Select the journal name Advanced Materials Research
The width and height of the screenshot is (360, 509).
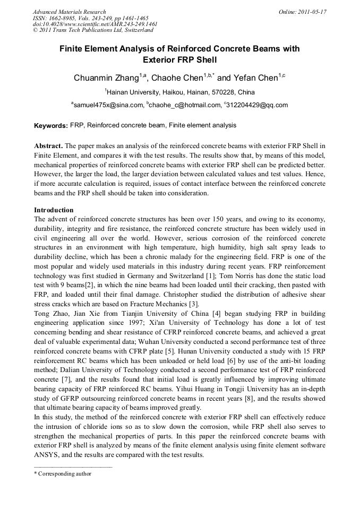click(x=69, y=12)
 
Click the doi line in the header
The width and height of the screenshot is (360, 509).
click(x=95, y=24)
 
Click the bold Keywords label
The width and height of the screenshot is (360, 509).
click(x=50, y=126)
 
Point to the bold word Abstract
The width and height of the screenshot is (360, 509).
click(x=48, y=145)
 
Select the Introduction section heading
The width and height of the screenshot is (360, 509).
click(x=54, y=210)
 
